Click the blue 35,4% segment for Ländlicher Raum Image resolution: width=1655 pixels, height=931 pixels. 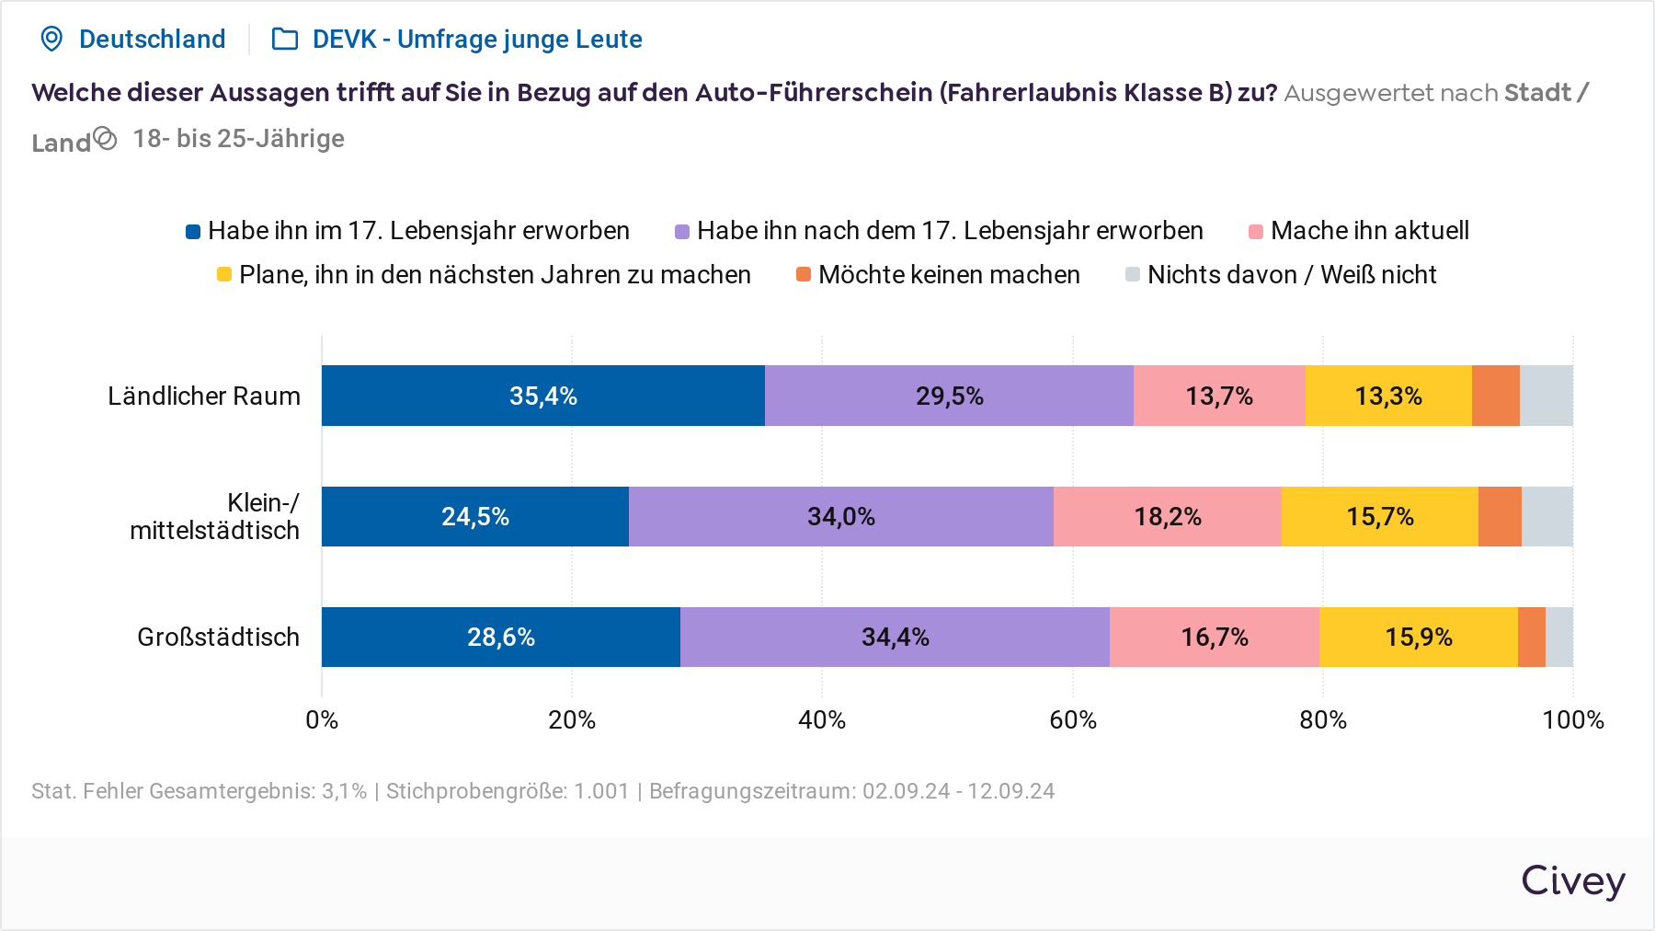(542, 396)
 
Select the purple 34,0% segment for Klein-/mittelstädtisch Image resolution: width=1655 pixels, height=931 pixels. (840, 516)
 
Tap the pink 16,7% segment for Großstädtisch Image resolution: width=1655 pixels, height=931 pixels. (1214, 637)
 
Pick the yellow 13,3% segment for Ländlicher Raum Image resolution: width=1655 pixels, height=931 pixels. (1387, 396)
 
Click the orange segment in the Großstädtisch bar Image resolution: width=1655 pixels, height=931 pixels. (1531, 637)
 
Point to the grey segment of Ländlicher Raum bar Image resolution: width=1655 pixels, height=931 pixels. (1546, 396)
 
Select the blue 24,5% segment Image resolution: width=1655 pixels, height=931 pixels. (474, 516)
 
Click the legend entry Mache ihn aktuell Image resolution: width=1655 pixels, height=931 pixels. (1359, 231)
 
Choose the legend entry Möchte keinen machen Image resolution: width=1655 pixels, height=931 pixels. (938, 275)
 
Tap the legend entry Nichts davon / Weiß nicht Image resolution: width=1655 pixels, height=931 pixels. (1281, 275)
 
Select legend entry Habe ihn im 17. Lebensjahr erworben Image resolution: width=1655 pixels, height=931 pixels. (407, 231)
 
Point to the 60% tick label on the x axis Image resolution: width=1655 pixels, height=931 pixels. (1072, 719)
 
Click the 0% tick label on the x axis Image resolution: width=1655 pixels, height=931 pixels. (322, 719)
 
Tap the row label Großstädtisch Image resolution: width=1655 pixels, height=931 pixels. (218, 637)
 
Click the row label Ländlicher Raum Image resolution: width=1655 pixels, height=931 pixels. (204, 396)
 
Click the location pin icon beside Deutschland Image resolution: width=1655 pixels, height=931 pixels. (52, 39)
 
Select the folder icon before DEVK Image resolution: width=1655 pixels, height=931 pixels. (285, 39)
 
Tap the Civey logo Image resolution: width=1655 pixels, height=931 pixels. (1572, 881)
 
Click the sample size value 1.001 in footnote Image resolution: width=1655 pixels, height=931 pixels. (601, 791)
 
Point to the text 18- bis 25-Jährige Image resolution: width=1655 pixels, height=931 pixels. (238, 139)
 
